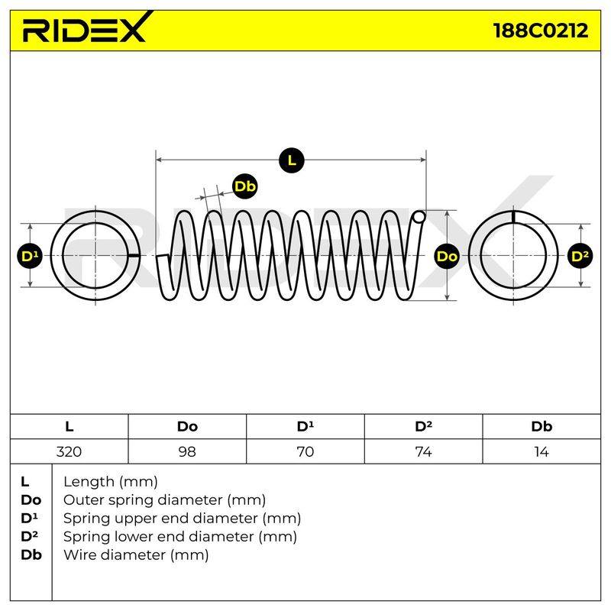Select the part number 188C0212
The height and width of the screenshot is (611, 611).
point(541,31)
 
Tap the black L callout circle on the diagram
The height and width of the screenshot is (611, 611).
point(292,160)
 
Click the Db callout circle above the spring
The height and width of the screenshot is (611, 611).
point(244,186)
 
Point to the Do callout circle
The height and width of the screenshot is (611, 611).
point(447,256)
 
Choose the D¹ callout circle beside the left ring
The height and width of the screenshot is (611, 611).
point(30,256)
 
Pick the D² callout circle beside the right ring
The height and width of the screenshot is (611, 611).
point(580,256)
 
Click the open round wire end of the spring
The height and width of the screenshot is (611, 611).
point(419,217)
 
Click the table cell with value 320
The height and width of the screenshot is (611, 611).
point(69,451)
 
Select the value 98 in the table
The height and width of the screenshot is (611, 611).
point(187,451)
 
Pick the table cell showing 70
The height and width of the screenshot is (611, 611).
point(305,451)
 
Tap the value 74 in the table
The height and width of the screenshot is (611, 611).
point(423,451)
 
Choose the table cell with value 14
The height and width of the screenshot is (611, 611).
point(541,451)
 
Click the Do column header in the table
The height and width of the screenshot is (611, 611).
point(187,426)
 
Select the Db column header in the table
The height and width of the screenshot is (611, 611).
point(541,426)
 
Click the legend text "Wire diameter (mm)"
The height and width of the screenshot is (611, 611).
point(136,555)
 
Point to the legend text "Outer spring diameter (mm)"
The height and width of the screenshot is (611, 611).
point(164,500)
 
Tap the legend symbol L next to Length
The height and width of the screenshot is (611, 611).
point(25,482)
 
